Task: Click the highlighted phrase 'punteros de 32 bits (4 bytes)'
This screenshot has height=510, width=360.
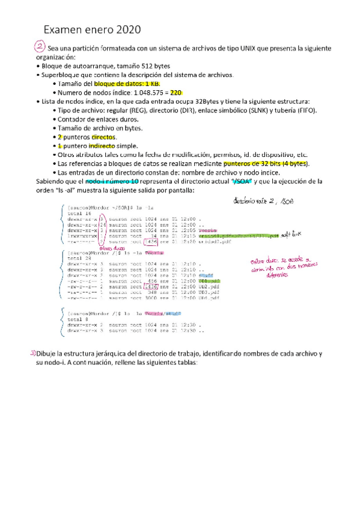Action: [x=265, y=163]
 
